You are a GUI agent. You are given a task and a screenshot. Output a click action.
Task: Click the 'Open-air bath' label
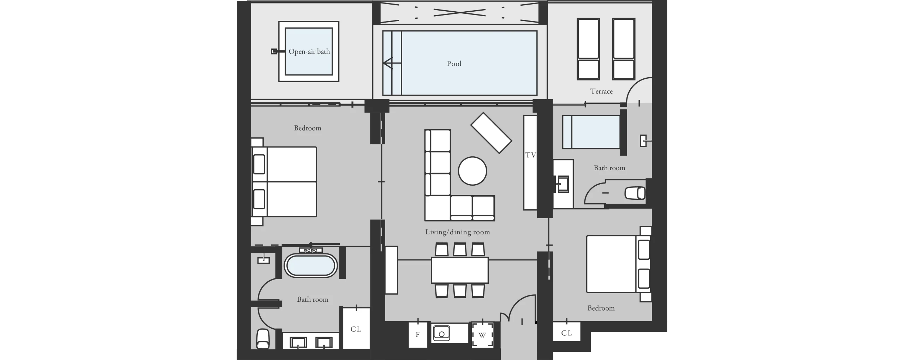tap(309, 52)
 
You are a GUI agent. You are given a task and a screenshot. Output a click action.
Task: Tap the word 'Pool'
tap(454, 64)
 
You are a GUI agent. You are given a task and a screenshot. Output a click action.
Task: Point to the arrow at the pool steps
tap(392, 63)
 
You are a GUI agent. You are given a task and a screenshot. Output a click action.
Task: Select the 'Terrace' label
tap(601, 91)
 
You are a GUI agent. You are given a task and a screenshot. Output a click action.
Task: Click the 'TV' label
tap(530, 155)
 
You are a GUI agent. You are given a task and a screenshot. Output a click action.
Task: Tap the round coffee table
tap(472, 171)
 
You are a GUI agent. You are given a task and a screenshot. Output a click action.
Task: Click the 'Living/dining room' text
tap(457, 232)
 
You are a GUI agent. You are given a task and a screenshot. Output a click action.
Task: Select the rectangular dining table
tap(460, 270)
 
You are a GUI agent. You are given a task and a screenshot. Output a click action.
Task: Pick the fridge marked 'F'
tap(418, 335)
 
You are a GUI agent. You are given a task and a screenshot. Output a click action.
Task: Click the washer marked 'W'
tap(482, 335)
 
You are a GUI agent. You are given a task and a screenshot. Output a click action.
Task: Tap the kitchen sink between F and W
tap(441, 333)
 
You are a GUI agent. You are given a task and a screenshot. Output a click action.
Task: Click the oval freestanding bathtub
tap(311, 266)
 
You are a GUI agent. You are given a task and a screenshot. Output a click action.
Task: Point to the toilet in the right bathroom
tap(635, 193)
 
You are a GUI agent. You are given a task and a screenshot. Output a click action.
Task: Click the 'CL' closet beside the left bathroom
tap(356, 328)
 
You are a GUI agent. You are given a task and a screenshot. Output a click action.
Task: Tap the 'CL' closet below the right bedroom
tap(566, 332)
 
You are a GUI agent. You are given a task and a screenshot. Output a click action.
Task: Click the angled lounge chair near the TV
tap(491, 133)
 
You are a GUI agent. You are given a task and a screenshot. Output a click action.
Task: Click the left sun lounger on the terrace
tap(588, 49)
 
